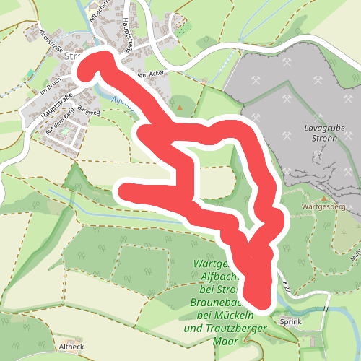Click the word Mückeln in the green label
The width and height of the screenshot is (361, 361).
click(232, 316)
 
